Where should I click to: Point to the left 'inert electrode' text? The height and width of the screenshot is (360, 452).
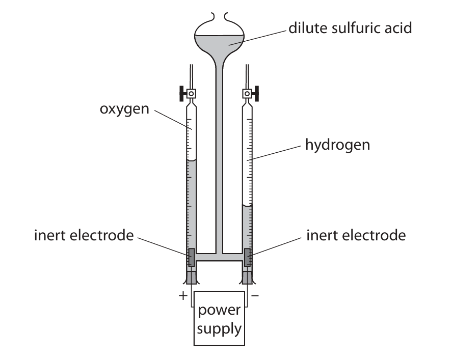coord(84,236)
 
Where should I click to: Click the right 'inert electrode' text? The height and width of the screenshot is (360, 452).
coord(356,236)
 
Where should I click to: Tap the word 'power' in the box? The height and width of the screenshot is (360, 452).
coord(220,310)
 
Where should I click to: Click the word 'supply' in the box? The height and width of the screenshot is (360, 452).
coord(220,328)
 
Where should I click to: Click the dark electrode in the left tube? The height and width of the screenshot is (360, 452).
coord(192,257)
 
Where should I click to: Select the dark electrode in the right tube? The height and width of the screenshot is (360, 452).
coord(248,257)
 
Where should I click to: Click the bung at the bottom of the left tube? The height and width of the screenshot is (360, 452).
coord(192,278)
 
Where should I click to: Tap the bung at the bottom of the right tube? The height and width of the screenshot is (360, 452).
coord(248,278)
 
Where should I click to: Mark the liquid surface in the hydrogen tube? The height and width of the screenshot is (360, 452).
coord(248,205)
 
